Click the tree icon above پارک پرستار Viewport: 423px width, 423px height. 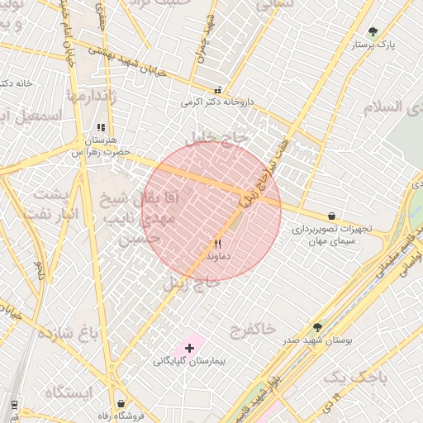tap(373, 32)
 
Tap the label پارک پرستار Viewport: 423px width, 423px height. tap(369, 45)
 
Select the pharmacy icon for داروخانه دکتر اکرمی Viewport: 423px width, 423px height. tap(217, 91)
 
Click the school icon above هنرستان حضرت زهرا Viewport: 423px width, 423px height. tap(101, 128)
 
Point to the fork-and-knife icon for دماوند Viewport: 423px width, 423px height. tap(217, 244)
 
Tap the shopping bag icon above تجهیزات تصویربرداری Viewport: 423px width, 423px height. tap(331, 216)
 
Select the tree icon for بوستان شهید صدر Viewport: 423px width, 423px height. tap(318, 327)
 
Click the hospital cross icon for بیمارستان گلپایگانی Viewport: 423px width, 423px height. tap(189, 348)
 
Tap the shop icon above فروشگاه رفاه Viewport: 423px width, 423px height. tap(121, 402)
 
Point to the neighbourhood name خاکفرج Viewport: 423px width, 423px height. tap(254, 329)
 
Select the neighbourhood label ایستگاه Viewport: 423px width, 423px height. tap(69, 392)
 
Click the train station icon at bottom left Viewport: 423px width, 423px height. tap(14, 404)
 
